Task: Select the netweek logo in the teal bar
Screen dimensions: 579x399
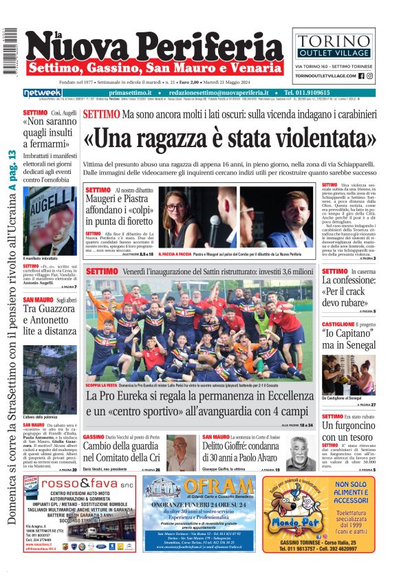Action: click(x=43, y=92)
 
